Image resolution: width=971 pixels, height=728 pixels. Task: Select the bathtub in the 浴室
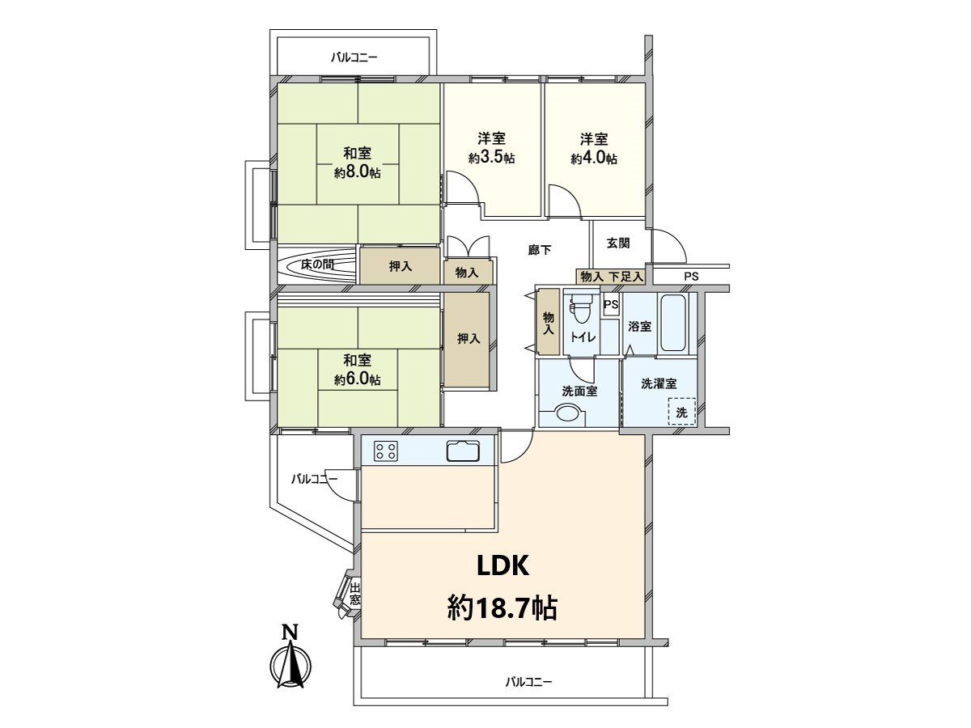pyautogui.click(x=672, y=323)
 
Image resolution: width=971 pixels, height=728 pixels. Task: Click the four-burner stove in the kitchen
pyautogui.click(x=386, y=451)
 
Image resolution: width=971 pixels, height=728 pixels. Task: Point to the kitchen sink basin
pyautogui.click(x=463, y=451)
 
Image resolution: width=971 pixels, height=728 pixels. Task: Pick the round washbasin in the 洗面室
pyautogui.click(x=569, y=413)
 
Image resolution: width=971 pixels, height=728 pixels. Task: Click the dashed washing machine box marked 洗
pyautogui.click(x=681, y=412)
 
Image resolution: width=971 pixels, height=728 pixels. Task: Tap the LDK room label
pyautogui.click(x=503, y=566)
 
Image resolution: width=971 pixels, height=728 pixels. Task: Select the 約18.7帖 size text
pyautogui.click(x=502, y=608)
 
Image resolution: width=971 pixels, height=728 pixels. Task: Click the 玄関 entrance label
pyautogui.click(x=618, y=243)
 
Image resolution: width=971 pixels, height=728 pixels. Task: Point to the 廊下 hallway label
pyautogui.click(x=540, y=250)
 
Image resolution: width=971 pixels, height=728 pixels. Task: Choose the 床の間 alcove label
pyautogui.click(x=317, y=265)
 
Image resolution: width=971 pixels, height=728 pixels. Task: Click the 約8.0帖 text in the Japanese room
pyautogui.click(x=357, y=173)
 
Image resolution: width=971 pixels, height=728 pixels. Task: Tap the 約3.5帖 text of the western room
pyautogui.click(x=491, y=159)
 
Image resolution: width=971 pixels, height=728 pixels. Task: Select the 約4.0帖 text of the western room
pyautogui.click(x=594, y=159)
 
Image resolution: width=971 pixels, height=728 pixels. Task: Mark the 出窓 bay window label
pyautogui.click(x=355, y=595)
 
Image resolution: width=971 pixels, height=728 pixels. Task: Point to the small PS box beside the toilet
pyautogui.click(x=611, y=305)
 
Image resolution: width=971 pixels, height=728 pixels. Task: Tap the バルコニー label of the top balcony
pyautogui.click(x=354, y=57)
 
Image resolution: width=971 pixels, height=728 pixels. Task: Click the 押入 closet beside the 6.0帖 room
pyautogui.click(x=468, y=339)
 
